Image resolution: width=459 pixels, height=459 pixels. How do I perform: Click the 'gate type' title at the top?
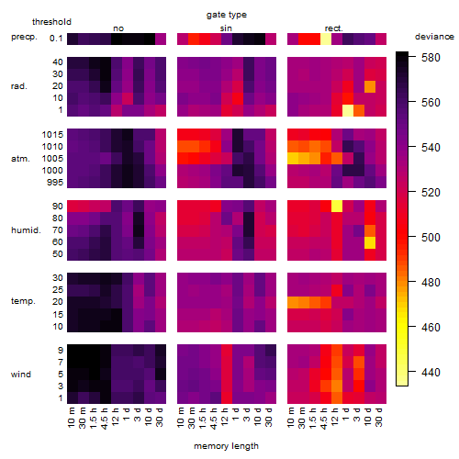tap(227, 15)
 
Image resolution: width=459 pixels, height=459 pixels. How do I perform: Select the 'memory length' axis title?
tap(226, 446)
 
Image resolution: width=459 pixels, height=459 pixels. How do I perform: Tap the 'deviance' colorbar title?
tap(434, 37)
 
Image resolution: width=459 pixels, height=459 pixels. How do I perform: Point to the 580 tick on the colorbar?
tap(431, 58)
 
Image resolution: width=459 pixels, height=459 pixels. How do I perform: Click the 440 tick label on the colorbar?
tap(431, 373)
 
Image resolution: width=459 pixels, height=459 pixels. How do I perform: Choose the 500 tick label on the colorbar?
tap(431, 238)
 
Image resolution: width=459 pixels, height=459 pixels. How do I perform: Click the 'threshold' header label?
tap(51, 22)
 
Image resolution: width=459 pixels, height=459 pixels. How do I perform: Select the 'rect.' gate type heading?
tap(333, 28)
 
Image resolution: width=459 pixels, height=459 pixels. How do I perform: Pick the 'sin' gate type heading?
tap(226, 28)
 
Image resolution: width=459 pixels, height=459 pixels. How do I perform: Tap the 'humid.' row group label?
tap(26, 230)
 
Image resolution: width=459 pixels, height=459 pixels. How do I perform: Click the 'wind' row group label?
tap(21, 375)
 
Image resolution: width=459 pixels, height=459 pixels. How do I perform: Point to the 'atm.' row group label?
tap(20, 159)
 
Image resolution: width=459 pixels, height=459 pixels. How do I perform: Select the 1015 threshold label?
tap(52, 135)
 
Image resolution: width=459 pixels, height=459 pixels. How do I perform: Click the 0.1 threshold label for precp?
tap(56, 39)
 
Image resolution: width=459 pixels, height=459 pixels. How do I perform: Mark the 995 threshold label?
tap(55, 183)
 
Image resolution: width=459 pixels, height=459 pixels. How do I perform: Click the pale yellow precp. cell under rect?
tap(326, 39)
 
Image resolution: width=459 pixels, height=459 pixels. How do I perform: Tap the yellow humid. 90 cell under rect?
tap(337, 207)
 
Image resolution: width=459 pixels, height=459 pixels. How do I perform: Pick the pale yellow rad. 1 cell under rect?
tap(348, 110)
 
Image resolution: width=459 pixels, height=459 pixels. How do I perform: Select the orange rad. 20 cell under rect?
tap(370, 86)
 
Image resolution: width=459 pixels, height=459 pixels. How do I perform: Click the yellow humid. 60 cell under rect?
tap(370, 242)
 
